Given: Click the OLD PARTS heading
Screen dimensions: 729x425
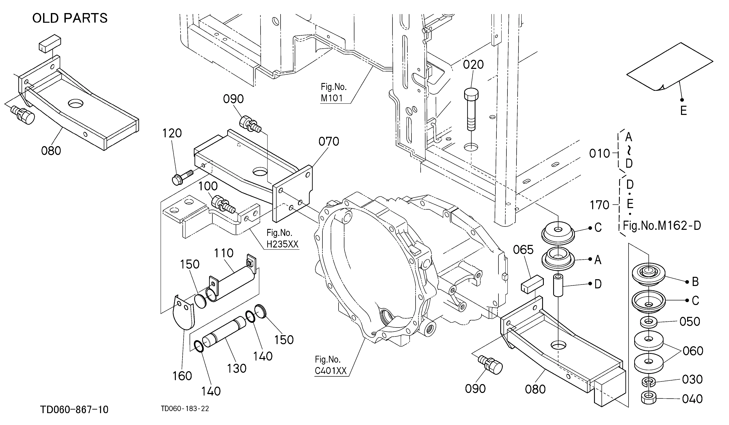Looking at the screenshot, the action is pos(70,18).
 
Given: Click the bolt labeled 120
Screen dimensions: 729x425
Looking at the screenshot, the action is pos(182,177).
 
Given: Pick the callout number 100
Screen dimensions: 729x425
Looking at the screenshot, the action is pos(208,186).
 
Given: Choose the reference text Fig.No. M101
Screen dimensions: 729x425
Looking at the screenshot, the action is pos(334,93).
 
